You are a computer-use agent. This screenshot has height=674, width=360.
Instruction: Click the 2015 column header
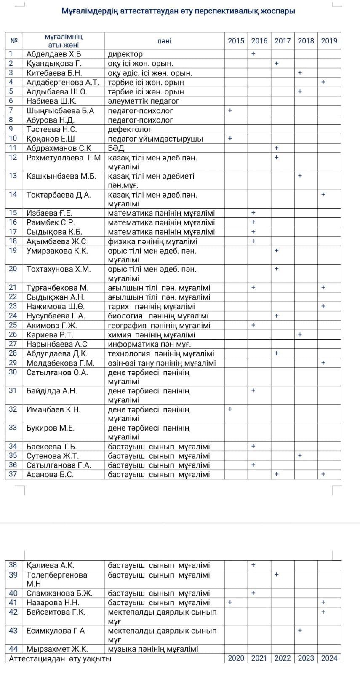pos(236,41)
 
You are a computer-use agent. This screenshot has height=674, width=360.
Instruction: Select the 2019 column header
pos(329,41)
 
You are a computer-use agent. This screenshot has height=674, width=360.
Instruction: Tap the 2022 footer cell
pos(283,658)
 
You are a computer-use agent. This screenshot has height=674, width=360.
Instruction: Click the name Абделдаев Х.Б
pos(54,54)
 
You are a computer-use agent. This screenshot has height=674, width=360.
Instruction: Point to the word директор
pos(125,54)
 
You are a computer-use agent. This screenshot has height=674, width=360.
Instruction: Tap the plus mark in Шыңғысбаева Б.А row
pos(230,110)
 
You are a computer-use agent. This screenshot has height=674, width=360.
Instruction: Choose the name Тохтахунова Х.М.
pos(59,269)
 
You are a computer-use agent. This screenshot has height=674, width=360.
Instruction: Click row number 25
pos(13,325)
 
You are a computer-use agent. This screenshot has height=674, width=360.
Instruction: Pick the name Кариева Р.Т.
pos(50,335)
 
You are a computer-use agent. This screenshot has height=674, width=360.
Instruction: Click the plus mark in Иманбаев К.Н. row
pos(230,409)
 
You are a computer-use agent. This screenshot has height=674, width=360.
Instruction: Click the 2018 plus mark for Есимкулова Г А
pos(300,630)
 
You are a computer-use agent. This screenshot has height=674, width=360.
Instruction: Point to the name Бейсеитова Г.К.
pos(56,612)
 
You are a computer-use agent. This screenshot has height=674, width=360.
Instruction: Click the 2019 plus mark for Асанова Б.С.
pos(323,474)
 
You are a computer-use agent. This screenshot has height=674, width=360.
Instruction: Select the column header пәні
pos(164,41)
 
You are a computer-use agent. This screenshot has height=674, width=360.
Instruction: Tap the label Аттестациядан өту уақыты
pos(60,658)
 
